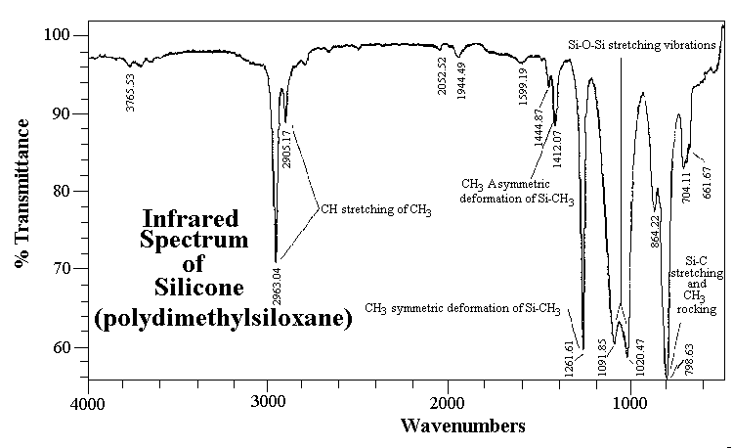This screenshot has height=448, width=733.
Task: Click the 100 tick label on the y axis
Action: click(x=57, y=35)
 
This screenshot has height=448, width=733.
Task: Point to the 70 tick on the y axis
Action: click(x=84, y=268)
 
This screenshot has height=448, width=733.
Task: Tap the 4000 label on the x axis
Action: click(x=87, y=404)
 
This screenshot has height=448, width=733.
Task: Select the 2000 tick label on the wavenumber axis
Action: click(x=448, y=402)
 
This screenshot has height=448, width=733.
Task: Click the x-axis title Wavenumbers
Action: click(x=463, y=426)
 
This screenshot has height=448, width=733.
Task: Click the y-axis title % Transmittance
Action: click(x=22, y=193)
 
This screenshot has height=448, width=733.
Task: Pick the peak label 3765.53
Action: click(x=130, y=93)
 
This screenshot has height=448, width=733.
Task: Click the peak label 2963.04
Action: click(x=277, y=286)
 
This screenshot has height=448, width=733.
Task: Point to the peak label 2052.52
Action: click(x=442, y=75)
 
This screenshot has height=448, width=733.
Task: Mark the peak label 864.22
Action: click(x=656, y=231)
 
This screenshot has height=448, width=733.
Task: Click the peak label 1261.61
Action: click(x=569, y=359)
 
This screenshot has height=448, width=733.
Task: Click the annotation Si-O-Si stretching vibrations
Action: click(x=642, y=45)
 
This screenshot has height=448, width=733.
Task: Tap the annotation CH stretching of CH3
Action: click(x=376, y=209)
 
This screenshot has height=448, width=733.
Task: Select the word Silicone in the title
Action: click(x=199, y=287)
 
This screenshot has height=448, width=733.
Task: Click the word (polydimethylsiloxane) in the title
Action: click(x=224, y=319)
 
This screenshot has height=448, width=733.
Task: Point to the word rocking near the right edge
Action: click(x=697, y=309)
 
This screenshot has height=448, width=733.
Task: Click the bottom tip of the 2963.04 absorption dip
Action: click(x=276, y=262)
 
